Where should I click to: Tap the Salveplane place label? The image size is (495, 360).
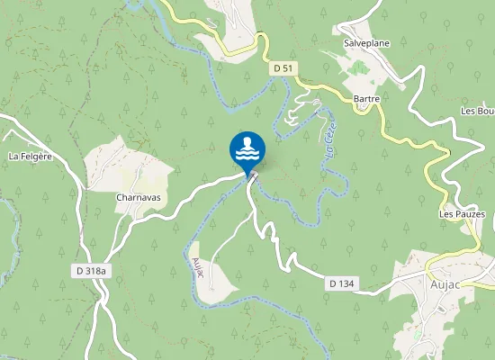(x=364, y=42)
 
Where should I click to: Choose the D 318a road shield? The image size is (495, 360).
(x=90, y=270)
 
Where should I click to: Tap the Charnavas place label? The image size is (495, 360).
(x=137, y=196)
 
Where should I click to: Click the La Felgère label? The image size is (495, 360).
(x=30, y=156)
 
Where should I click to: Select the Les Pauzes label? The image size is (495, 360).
(x=462, y=214)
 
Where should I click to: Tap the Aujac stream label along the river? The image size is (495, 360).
(x=198, y=268)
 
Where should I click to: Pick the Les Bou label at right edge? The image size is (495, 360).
(x=477, y=111)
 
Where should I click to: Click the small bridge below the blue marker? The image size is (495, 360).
(x=253, y=177)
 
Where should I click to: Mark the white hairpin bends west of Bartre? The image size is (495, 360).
(x=297, y=113)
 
